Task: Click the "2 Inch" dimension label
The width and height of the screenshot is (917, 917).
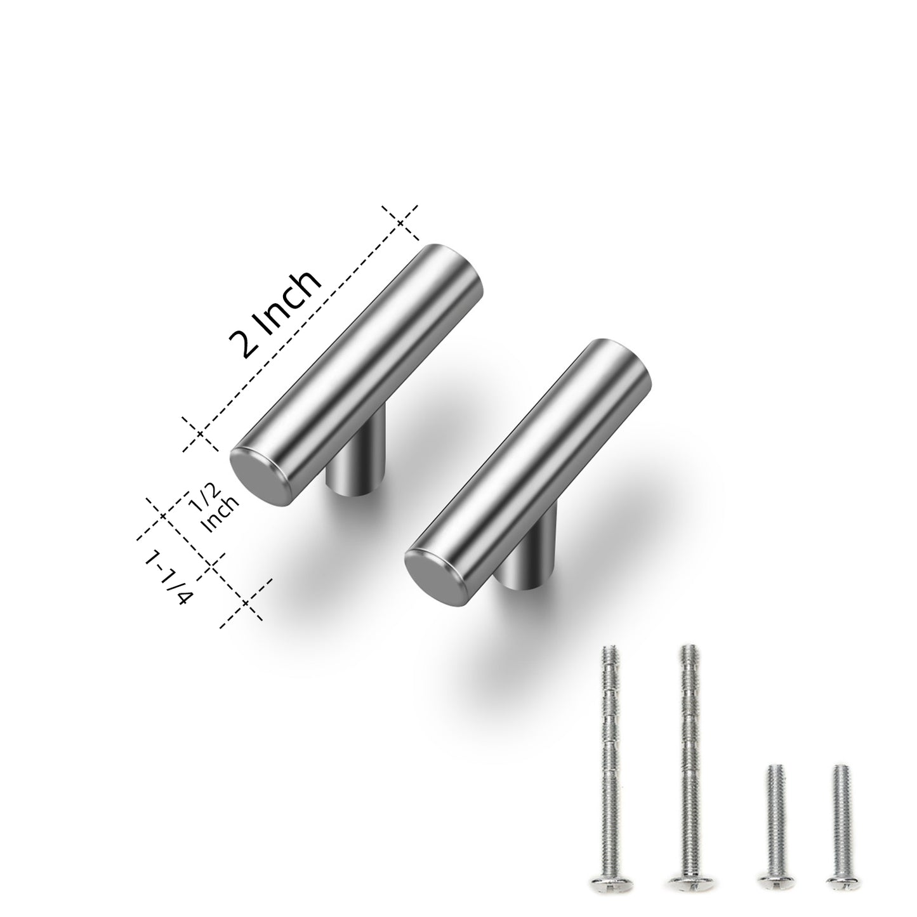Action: [x=275, y=315]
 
